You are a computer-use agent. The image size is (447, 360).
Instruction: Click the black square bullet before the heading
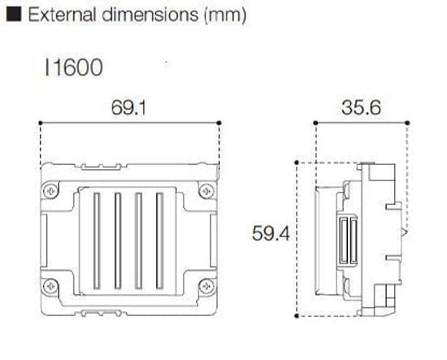(x=11, y=15)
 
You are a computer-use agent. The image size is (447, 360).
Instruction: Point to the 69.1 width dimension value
(x=130, y=109)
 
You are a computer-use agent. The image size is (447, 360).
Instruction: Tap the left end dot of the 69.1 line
(x=41, y=124)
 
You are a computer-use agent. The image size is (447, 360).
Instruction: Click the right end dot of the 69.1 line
(x=220, y=124)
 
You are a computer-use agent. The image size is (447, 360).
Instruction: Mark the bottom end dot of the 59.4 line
(x=298, y=315)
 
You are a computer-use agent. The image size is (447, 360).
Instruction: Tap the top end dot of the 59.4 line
(x=298, y=162)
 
